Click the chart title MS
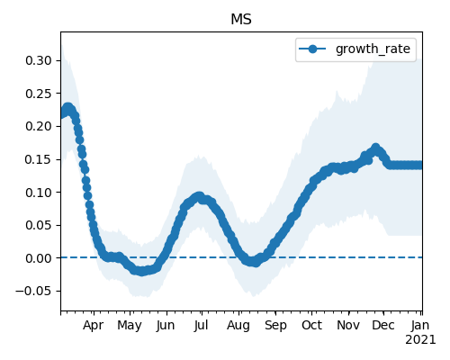(241, 20)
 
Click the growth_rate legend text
(373, 49)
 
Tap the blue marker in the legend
(312, 49)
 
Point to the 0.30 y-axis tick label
(39, 60)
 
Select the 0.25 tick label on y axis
(39, 94)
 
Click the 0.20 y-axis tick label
(39, 126)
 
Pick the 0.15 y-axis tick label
(39, 159)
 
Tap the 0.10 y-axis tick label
(39, 193)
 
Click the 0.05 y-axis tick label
(39, 225)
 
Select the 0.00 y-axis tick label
(39, 258)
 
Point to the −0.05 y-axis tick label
(33, 291)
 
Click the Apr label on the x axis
(94, 325)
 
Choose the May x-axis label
(130, 325)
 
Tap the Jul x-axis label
(201, 325)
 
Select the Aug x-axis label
(238, 325)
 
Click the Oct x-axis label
(311, 325)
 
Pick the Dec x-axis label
(383, 325)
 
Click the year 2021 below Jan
(420, 340)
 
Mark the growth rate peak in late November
(375, 148)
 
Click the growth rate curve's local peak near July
(199, 196)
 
